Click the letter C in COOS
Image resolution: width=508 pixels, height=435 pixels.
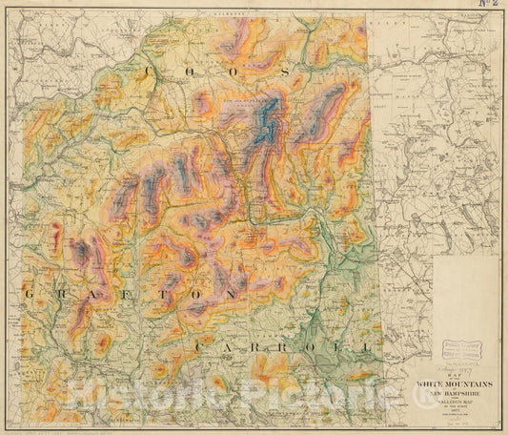tap(150, 73)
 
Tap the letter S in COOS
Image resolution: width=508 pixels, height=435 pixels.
tap(284, 72)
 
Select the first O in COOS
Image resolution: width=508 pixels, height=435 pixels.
tap(195, 73)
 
